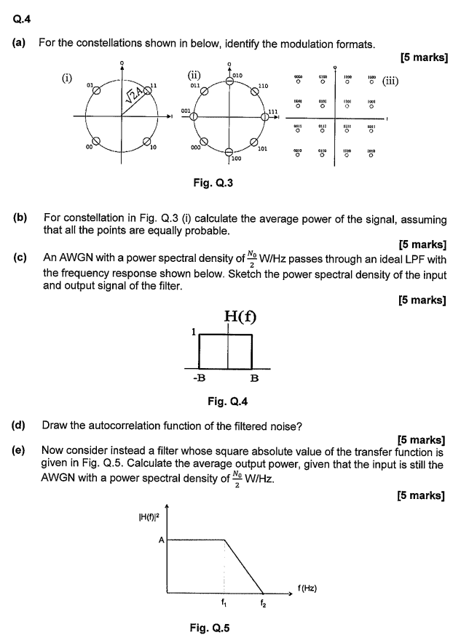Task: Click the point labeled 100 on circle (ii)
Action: (229, 150)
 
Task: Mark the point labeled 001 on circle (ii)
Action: (194, 116)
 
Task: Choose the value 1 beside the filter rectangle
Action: (193, 331)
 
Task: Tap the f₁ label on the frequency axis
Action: (224, 602)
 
